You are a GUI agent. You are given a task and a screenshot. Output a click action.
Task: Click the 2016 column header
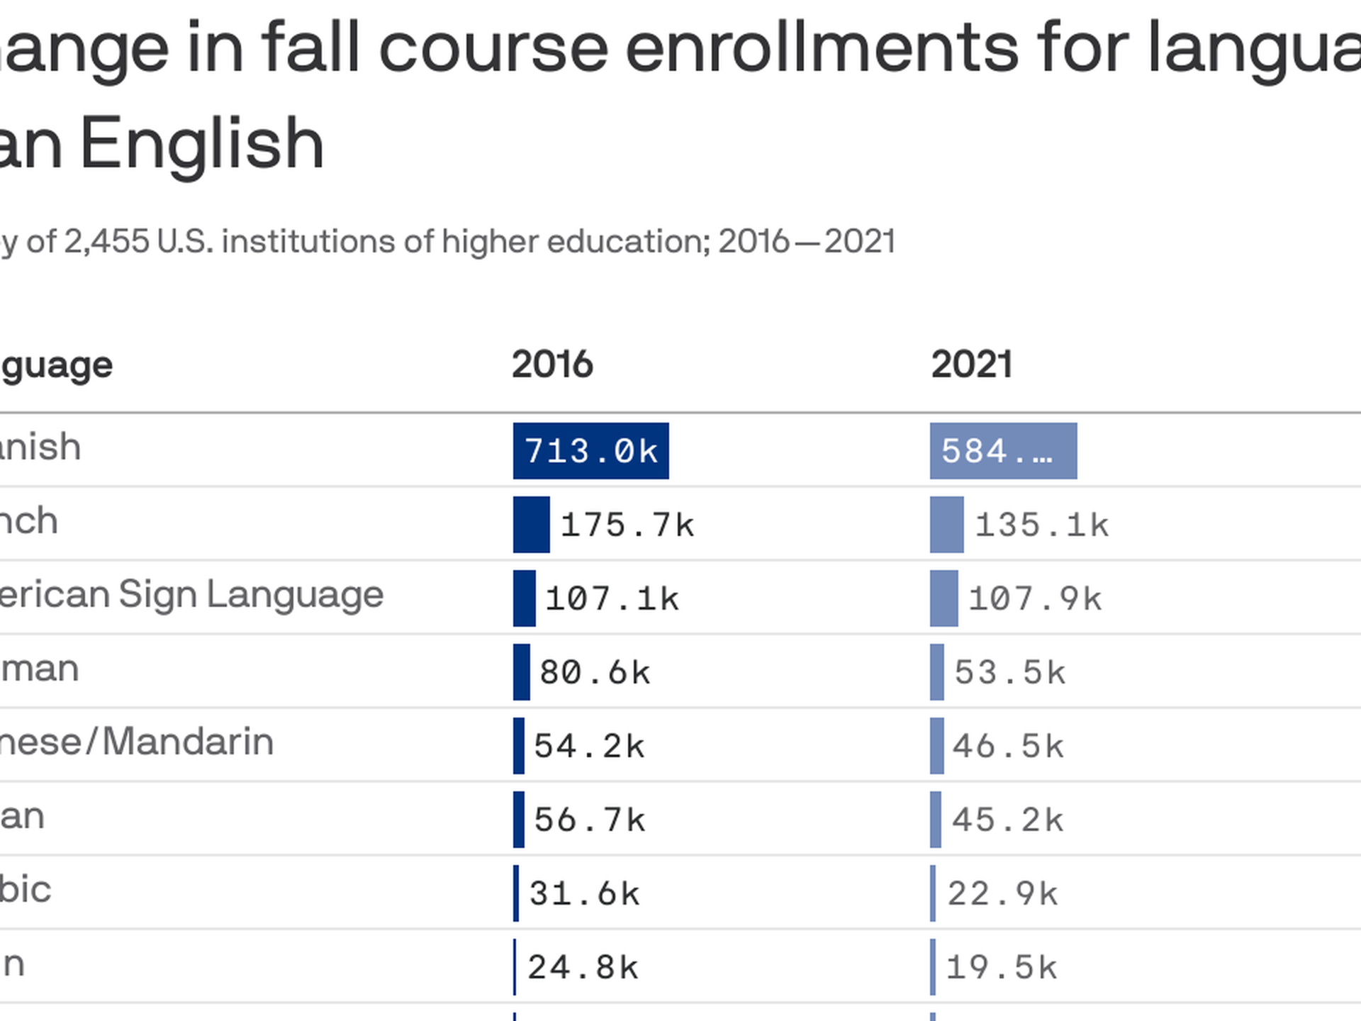pos(552,364)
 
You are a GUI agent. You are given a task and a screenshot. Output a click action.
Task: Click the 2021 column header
pos(971,364)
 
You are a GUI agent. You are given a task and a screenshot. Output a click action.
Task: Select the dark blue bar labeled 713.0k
pos(590,451)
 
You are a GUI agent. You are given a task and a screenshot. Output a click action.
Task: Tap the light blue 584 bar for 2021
pos(1003,451)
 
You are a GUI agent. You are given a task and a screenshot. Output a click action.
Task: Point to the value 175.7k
pos(627,525)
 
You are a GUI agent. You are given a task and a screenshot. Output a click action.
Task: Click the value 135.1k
pos(1042,525)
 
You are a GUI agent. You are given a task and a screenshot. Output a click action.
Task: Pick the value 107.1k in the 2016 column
pos(612,599)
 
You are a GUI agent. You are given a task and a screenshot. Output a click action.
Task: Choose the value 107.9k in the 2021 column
pos(1035,599)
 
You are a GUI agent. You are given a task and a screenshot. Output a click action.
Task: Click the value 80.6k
pos(595,673)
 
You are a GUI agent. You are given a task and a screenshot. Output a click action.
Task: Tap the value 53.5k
pos(1010,673)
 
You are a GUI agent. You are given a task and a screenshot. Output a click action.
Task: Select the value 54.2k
pos(589,747)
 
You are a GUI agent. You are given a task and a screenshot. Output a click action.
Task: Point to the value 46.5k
pos(1008,747)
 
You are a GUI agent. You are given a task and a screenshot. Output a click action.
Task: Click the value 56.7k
pos(589,820)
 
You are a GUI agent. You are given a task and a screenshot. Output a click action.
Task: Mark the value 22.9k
pos(1002,894)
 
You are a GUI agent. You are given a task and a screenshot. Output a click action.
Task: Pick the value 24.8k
pos(583,968)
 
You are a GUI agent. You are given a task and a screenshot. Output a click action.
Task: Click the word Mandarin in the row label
pos(188,742)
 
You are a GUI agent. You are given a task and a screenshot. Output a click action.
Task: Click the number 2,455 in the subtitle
pos(106,242)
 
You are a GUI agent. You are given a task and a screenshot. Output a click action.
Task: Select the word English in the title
pos(202,145)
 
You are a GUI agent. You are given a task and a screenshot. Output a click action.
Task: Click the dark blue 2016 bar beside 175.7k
pos(531,525)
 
